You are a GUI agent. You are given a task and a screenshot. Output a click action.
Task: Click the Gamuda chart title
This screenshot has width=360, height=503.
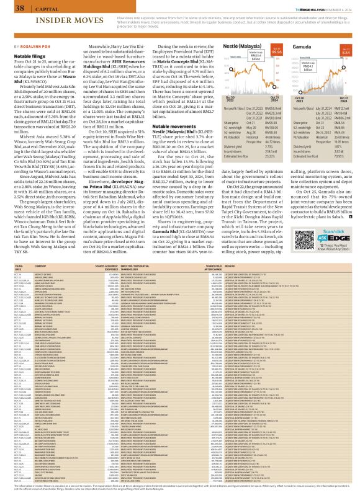pyautogui.click(x=303, y=47)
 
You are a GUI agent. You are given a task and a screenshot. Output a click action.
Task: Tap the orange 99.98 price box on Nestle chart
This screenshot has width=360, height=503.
pyautogui.click(x=277, y=53)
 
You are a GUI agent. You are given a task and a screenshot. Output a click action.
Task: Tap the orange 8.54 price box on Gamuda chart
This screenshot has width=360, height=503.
pyautogui.click(x=347, y=53)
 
